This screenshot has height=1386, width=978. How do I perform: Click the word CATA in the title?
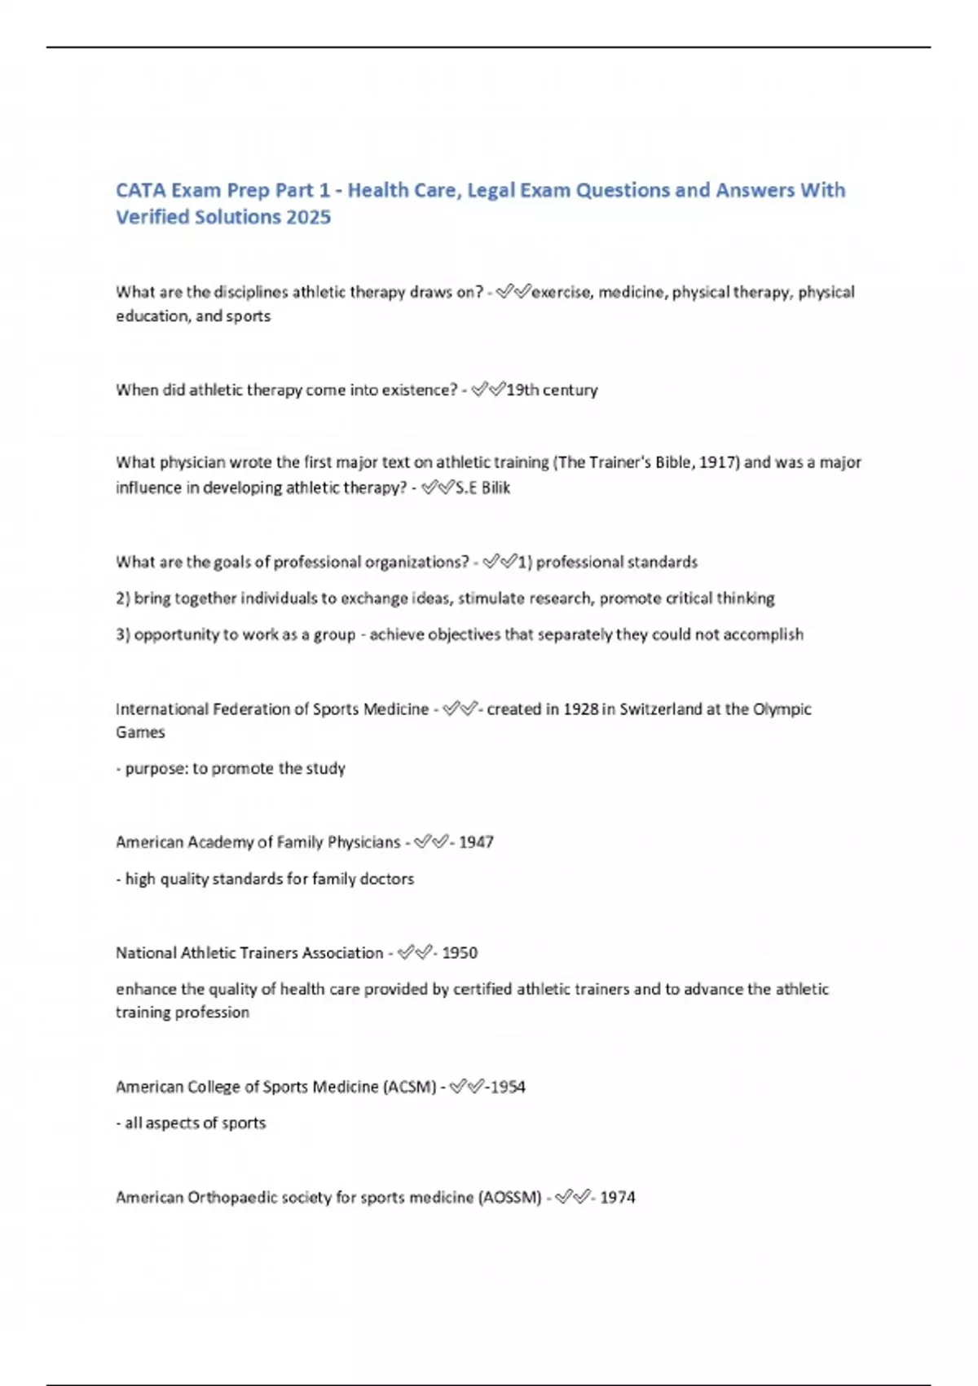[140, 190]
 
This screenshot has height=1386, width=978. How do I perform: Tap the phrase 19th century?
[552, 390]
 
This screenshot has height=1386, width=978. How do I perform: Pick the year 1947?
[476, 841]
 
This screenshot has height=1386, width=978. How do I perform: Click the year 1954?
[508, 1087]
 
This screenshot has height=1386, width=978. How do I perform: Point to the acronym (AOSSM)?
[509, 1197]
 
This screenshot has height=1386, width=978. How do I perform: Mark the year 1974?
[618, 1197]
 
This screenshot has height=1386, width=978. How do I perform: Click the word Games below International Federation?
[140, 732]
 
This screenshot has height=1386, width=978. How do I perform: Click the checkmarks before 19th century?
[488, 390]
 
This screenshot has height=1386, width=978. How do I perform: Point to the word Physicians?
[363, 841]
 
